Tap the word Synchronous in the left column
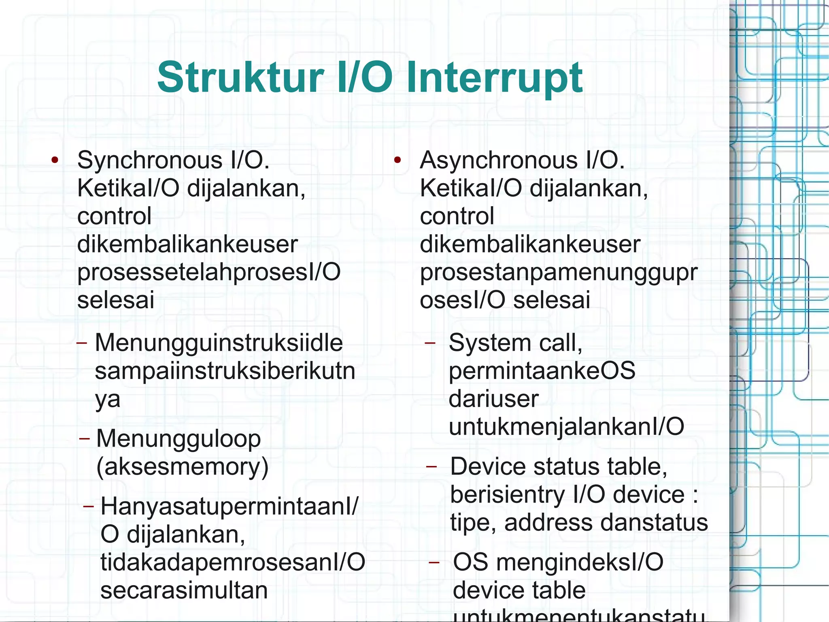point(150,160)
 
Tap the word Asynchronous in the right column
point(498,160)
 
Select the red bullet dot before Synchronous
point(55,160)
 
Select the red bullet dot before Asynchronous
point(397,160)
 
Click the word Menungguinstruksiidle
point(219,343)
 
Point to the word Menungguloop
point(179,439)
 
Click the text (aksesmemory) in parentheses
point(182,467)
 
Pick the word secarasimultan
point(184,590)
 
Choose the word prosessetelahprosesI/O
point(209,272)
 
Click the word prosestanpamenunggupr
point(559,272)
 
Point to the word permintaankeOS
point(542,371)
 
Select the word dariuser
point(493,399)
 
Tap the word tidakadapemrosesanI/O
point(233,562)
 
